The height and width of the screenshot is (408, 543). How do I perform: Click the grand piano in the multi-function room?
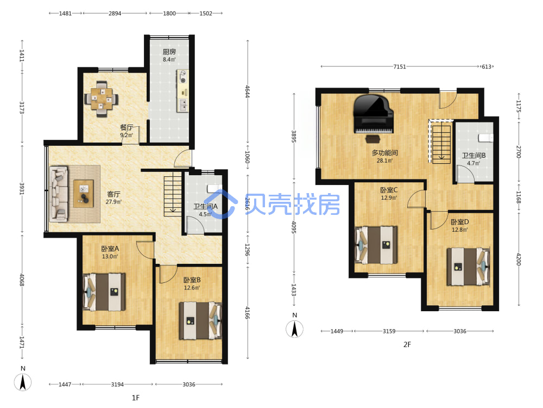(x=374, y=114)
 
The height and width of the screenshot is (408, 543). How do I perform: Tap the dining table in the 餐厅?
(x=102, y=99)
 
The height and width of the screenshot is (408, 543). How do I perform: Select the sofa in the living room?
(x=59, y=194)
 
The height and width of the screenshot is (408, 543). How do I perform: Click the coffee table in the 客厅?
(x=84, y=194)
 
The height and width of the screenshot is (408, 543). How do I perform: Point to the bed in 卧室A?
(x=104, y=292)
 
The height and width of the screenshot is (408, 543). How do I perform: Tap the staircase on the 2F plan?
(x=441, y=144)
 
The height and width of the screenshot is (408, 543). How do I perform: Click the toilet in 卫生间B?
(x=485, y=138)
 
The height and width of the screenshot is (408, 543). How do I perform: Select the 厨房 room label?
(x=169, y=52)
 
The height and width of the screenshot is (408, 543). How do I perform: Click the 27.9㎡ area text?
(x=113, y=202)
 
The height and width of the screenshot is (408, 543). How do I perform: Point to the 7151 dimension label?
(x=400, y=66)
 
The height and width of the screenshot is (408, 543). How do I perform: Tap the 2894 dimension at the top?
(x=115, y=13)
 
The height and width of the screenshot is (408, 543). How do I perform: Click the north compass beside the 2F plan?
(x=294, y=329)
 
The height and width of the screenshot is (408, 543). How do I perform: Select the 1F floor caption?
(x=136, y=398)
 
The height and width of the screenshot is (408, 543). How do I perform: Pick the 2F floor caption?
(x=407, y=344)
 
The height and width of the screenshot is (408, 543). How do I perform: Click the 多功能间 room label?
(x=385, y=153)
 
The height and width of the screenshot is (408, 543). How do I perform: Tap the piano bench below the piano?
(x=373, y=139)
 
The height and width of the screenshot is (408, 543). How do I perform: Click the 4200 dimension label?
(x=519, y=259)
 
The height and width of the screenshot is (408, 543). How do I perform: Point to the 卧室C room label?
(x=389, y=190)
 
